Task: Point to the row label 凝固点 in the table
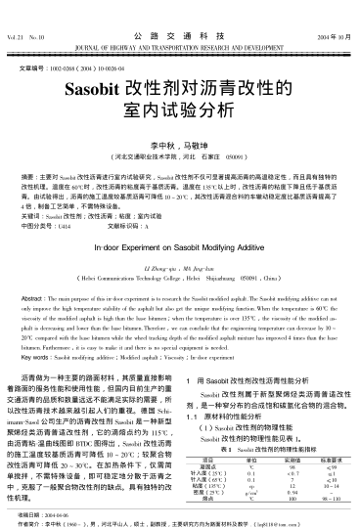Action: tap(204, 465)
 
